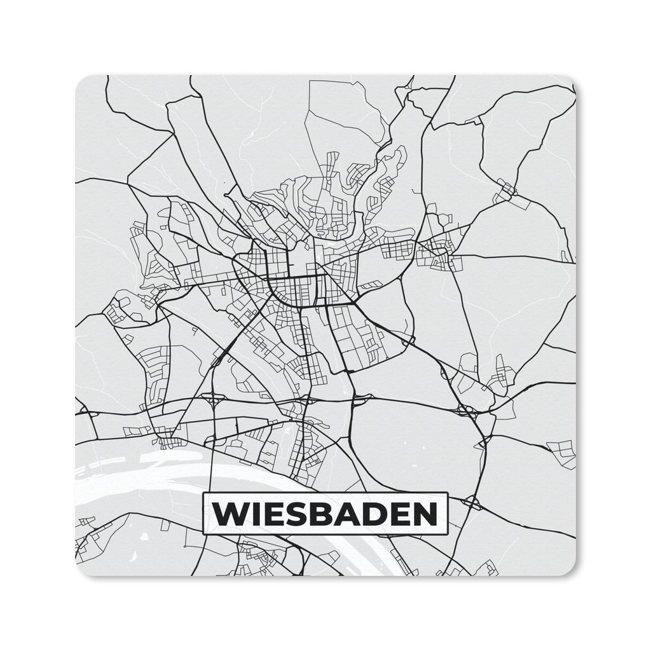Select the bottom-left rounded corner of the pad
point(81,571)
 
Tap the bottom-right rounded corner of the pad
point(570,571)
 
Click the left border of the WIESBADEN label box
point(202,514)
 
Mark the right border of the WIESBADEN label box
point(448,514)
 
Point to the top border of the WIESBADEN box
point(324,493)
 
